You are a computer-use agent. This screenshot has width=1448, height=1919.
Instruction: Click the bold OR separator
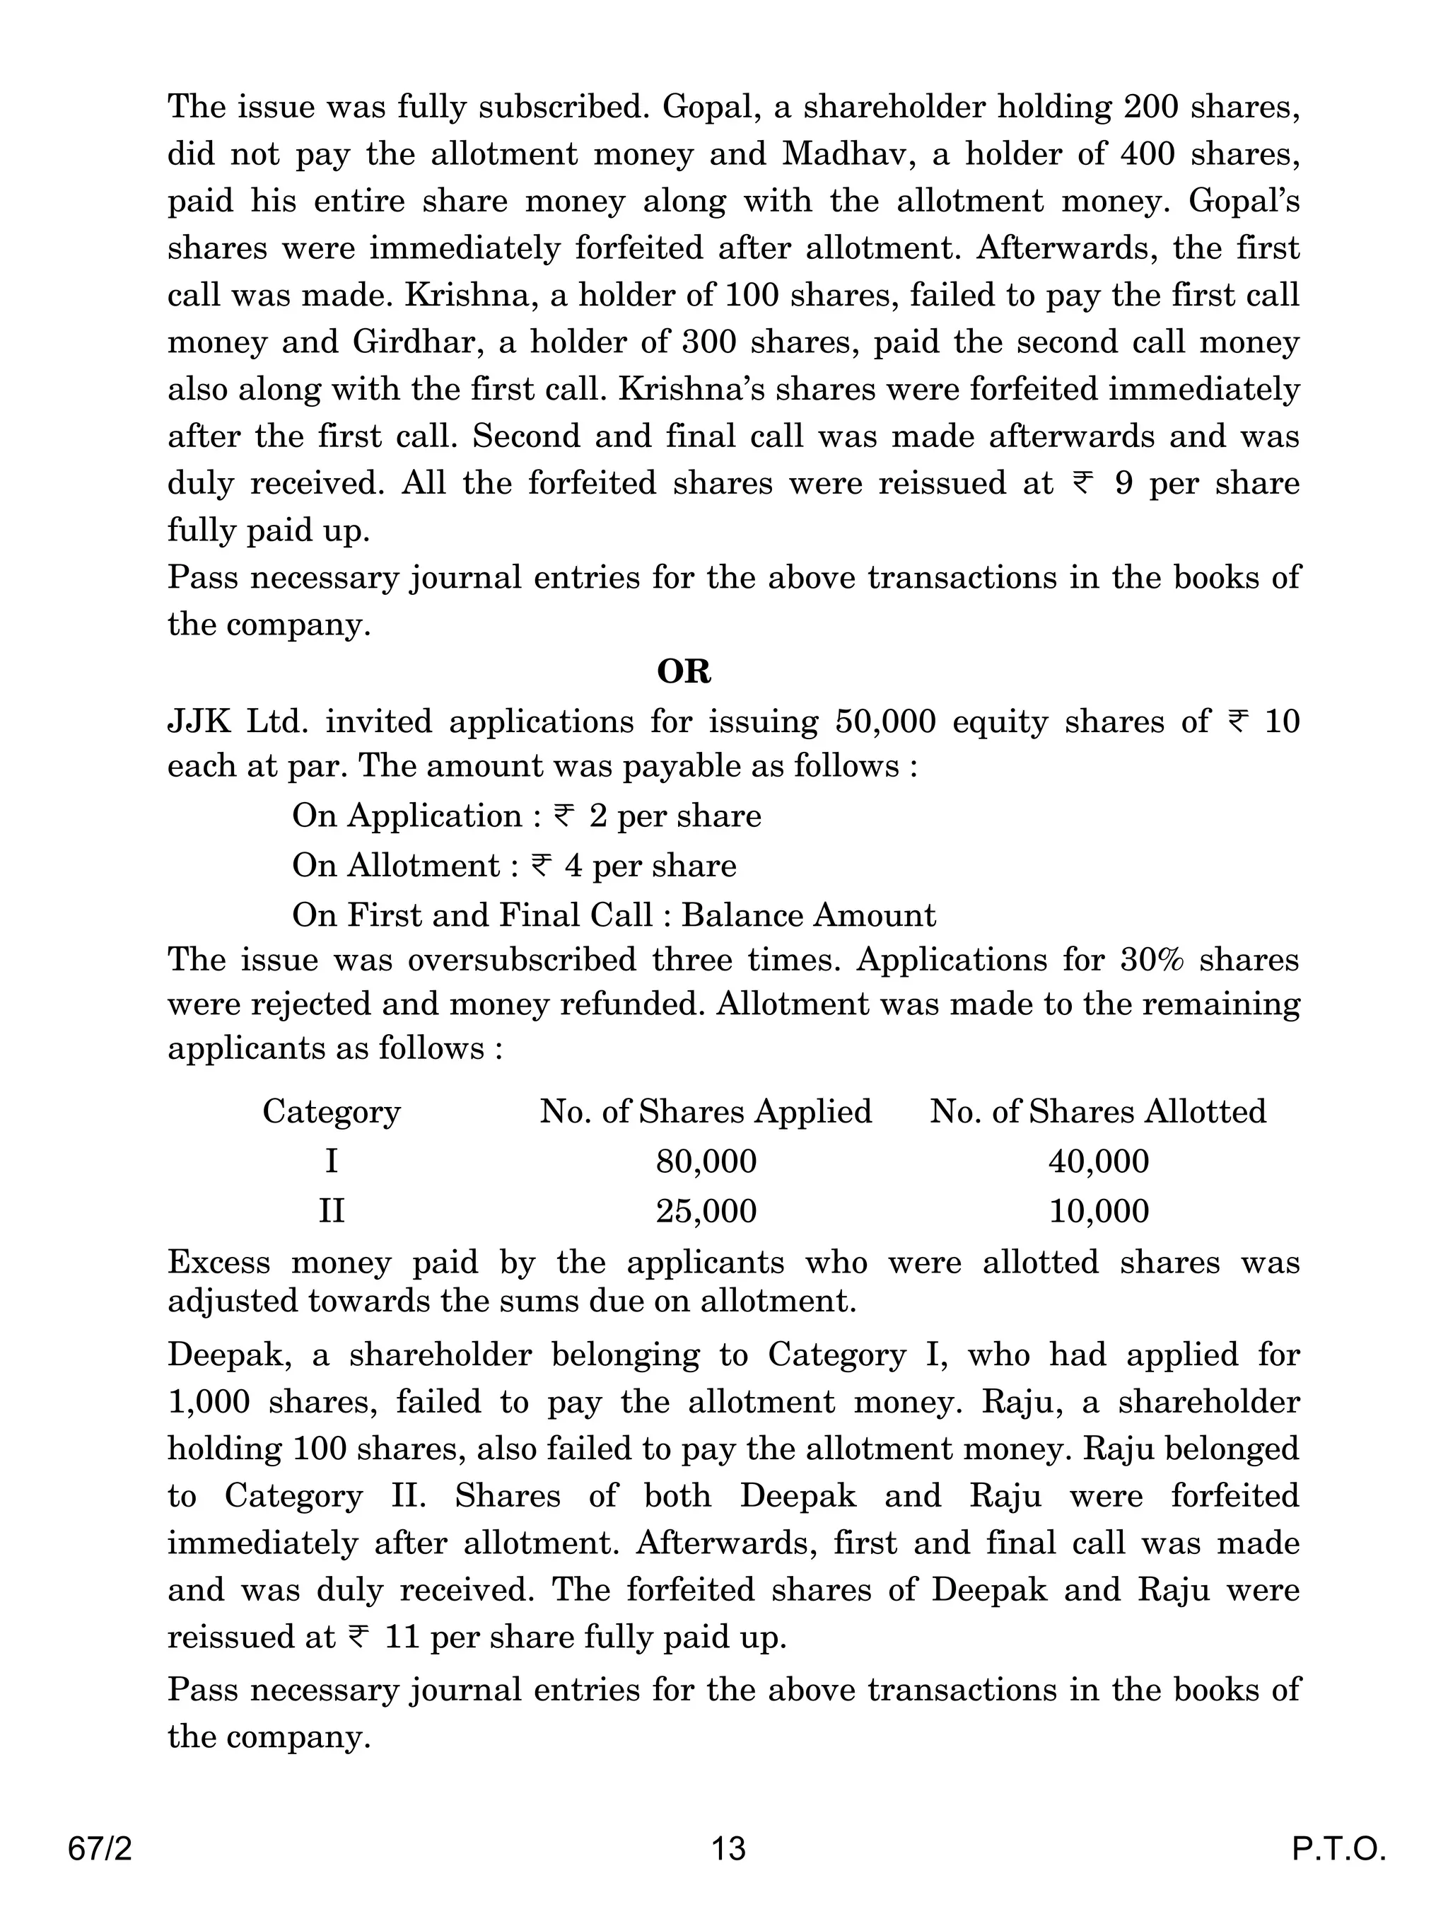coord(684,671)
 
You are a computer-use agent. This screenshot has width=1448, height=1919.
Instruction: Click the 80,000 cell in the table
coord(706,1161)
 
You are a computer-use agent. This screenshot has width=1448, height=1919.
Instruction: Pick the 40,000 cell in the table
coord(1098,1161)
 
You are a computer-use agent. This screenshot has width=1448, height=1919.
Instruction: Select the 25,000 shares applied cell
coord(706,1210)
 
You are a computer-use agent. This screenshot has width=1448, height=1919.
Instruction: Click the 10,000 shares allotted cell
coord(1098,1210)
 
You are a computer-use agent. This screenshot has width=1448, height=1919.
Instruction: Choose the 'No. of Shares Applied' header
coord(706,1111)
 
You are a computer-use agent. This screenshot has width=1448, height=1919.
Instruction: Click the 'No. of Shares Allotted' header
coord(1098,1111)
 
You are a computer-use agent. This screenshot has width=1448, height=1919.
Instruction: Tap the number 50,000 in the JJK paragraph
coord(885,721)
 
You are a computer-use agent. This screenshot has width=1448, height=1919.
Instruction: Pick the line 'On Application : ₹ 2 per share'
coord(526,816)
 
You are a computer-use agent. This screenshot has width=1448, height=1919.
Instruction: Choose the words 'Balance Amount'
coord(808,915)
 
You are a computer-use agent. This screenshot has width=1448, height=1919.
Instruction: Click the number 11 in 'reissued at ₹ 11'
coord(402,1637)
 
